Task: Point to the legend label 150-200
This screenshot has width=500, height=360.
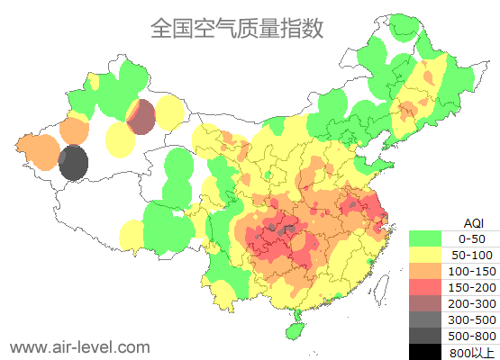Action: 473,287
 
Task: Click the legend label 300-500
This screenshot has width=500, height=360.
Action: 473,319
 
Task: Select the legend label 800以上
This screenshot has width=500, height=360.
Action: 473,351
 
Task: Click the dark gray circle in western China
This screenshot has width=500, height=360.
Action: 73,164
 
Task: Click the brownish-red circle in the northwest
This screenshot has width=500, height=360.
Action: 141,117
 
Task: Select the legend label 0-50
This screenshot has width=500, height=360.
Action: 473,238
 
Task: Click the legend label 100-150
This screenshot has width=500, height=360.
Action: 473,271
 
